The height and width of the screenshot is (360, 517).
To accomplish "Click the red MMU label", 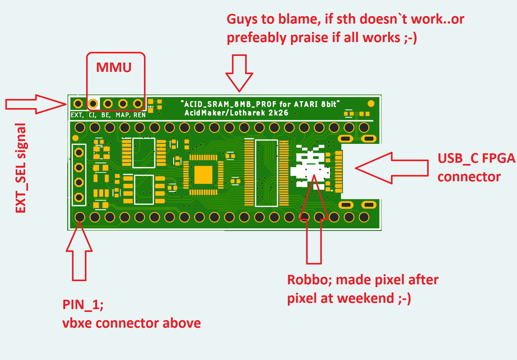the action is [x=114, y=67].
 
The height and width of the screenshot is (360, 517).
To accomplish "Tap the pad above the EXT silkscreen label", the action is [x=78, y=103].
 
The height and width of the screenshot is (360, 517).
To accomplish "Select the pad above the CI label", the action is [x=93, y=103].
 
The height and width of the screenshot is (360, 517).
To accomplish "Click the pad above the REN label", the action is [x=138, y=103].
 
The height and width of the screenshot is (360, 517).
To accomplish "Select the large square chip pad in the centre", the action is [x=203, y=175].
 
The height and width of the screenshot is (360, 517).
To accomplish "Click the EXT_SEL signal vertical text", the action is [x=21, y=168].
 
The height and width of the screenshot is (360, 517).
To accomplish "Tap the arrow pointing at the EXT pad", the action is [x=36, y=104].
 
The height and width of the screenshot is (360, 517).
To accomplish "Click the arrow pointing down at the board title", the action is [x=240, y=73].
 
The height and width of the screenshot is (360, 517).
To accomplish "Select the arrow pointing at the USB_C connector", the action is [x=392, y=168].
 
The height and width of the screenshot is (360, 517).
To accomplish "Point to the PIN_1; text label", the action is [x=83, y=305].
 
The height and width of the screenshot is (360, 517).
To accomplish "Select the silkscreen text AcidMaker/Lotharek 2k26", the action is [x=237, y=113].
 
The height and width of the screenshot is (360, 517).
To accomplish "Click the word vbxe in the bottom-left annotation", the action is [x=77, y=323].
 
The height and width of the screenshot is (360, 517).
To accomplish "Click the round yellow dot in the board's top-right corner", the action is [x=371, y=103].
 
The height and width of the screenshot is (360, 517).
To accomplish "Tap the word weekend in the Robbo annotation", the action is [x=366, y=298].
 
